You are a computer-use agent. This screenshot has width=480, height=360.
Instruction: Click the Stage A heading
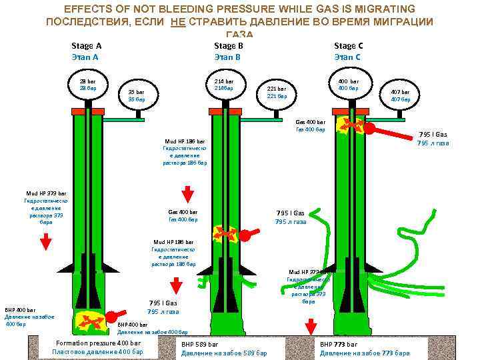coord(86,46)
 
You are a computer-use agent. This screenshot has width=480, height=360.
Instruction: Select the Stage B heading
coord(228,46)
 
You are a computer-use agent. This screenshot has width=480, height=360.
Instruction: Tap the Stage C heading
coord(348,46)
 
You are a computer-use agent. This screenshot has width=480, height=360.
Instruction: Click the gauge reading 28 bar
coord(88,85)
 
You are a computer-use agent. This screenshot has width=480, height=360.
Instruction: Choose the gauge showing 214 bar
coord(224,85)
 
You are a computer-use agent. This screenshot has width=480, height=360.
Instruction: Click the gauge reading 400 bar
coord(348,85)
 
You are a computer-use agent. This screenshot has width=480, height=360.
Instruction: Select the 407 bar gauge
coord(401,95)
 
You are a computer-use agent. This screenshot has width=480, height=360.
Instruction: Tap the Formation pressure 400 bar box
coord(97,347)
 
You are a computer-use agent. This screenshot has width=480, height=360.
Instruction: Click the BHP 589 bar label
coord(224,348)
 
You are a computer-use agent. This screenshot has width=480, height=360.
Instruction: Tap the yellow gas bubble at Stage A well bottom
coord(91,321)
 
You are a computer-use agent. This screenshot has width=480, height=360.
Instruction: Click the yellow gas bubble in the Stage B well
coord(225,234)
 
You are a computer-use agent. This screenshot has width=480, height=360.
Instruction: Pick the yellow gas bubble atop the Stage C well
coord(349,125)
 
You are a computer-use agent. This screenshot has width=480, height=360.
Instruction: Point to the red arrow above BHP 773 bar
coord(311,328)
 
